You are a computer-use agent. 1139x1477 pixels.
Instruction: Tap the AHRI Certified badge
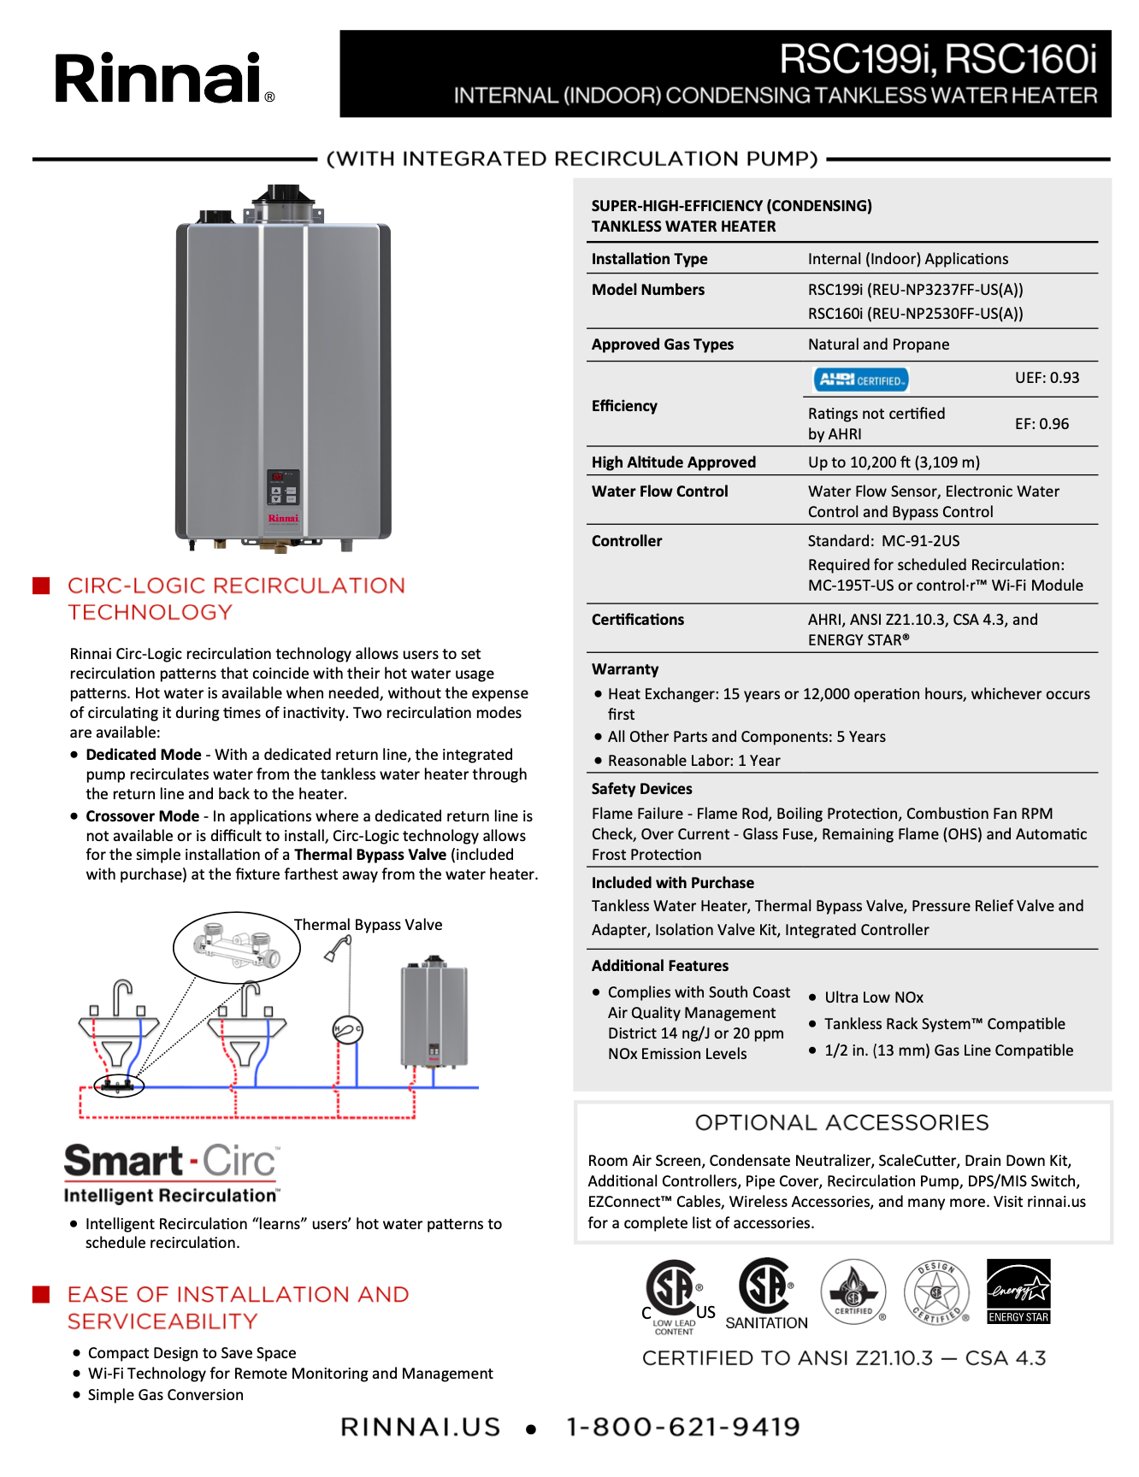(860, 380)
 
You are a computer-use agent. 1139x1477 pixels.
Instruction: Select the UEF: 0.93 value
(1047, 378)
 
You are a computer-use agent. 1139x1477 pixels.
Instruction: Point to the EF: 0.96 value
(1042, 424)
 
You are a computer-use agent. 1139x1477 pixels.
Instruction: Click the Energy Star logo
(1018, 1292)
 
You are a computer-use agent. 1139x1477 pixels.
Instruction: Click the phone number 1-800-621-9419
(683, 1427)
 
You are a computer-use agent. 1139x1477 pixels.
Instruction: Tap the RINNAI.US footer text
(420, 1427)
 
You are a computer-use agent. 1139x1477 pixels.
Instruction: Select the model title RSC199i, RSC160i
(937, 59)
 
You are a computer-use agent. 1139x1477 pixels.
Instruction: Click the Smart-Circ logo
(171, 1172)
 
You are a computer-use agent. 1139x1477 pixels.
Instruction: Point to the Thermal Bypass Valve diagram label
(369, 925)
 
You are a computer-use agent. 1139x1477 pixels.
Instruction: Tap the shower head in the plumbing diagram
(339, 948)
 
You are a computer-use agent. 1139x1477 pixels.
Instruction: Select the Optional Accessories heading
(841, 1122)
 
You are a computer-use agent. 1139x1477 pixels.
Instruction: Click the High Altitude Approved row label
(674, 462)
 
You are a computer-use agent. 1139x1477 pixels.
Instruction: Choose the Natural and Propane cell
(878, 344)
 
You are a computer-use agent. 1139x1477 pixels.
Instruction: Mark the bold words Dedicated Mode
(144, 755)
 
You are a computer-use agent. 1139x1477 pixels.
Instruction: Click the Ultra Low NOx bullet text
(874, 997)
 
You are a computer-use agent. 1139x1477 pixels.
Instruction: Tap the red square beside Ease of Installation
(41, 1294)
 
